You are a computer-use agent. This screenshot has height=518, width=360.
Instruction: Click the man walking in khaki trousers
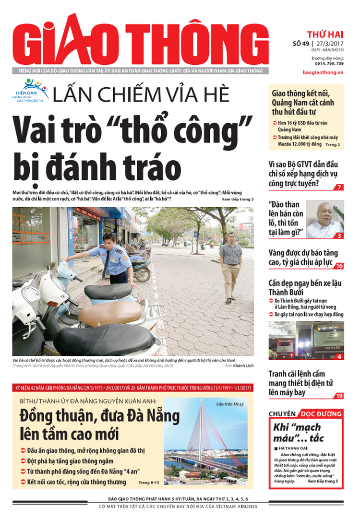[231, 266]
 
